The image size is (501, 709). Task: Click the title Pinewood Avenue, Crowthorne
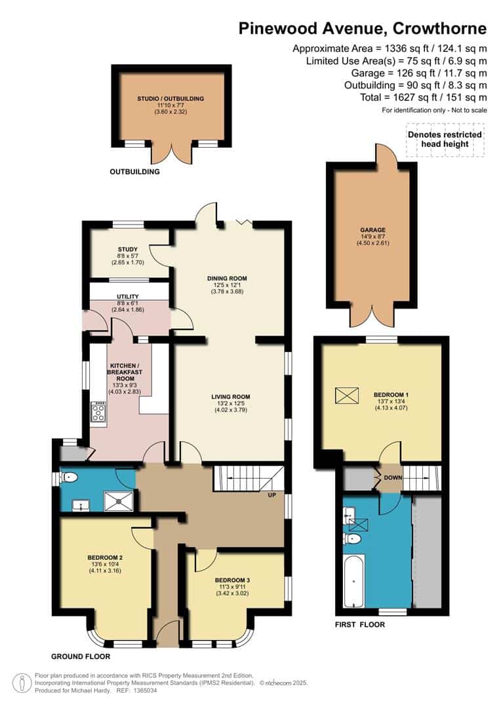[363, 28]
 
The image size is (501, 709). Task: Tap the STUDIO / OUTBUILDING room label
[170, 98]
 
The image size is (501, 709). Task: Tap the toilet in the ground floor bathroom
[70, 477]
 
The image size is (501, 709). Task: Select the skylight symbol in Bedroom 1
[348, 396]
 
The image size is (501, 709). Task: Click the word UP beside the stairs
[271, 495]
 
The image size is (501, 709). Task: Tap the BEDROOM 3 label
[231, 580]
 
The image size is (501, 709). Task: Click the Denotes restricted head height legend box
[445, 139]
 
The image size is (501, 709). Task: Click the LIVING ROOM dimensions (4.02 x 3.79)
[231, 410]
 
